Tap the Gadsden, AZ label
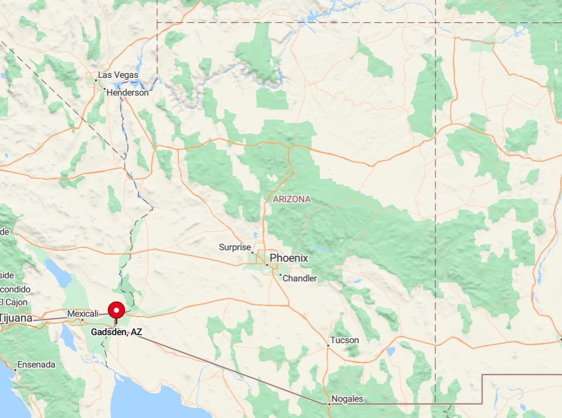tap(116, 332)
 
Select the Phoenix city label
tap(289, 258)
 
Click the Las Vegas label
tap(118, 75)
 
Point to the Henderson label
tap(127, 93)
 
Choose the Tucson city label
tap(345, 340)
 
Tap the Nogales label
tap(348, 399)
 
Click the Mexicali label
tap(83, 313)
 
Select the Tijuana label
tap(15, 318)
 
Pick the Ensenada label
tap(36, 364)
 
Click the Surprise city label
tap(235, 247)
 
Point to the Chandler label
tap(300, 278)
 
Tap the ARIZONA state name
tap(292, 199)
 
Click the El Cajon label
tap(9, 302)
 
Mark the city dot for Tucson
tap(328, 346)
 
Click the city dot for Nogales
tap(329, 404)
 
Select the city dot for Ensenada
tap(15, 370)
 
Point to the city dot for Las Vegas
tap(95, 81)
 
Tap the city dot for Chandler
tap(280, 275)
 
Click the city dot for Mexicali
tap(82, 319)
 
